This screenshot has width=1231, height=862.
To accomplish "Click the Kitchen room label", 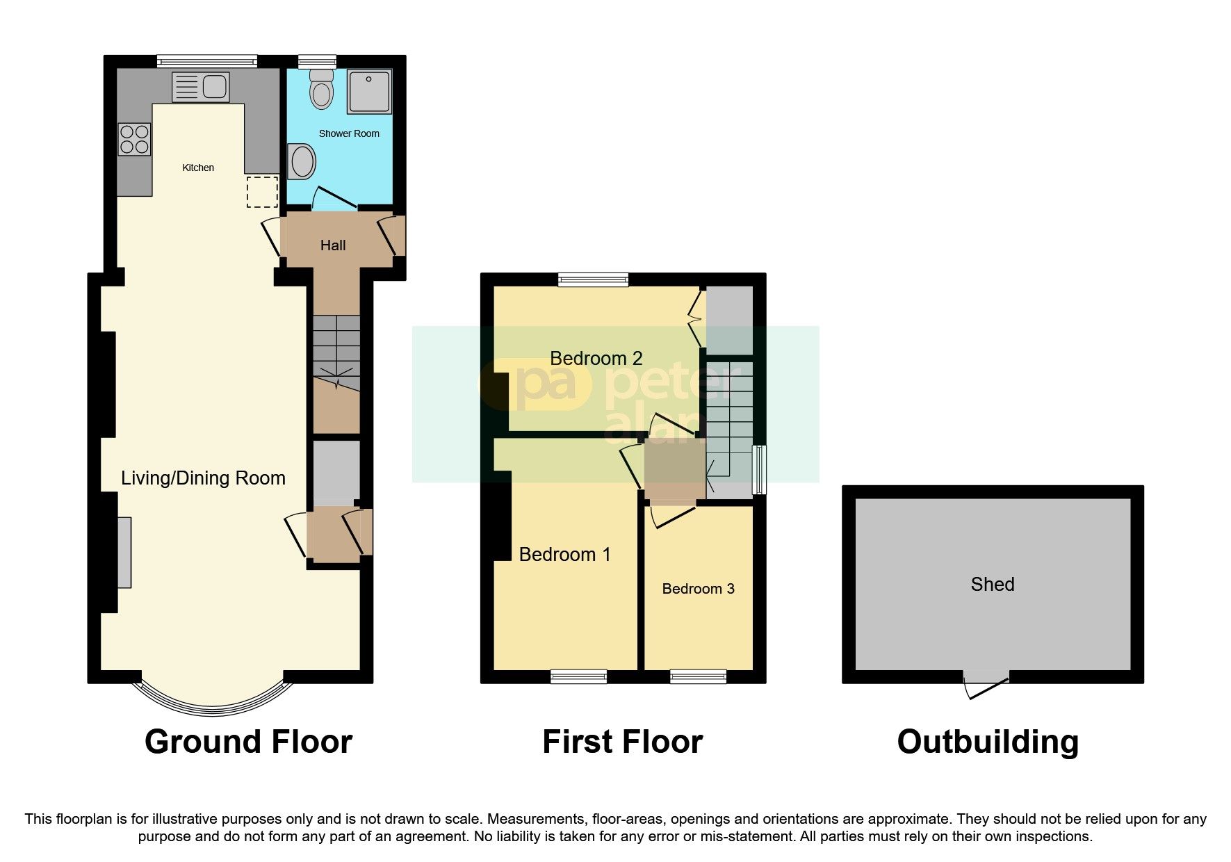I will [x=198, y=168].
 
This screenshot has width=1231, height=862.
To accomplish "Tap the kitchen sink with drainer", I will [x=199, y=88].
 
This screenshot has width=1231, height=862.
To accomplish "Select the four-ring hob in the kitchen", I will [x=135, y=138].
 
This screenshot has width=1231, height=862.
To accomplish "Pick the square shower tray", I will [x=369, y=91].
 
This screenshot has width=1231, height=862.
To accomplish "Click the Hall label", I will [x=333, y=245].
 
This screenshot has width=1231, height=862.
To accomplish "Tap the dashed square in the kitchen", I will [x=262, y=192].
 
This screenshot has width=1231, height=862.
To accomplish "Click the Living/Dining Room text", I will [x=203, y=478].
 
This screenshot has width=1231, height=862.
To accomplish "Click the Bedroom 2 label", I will [x=596, y=359].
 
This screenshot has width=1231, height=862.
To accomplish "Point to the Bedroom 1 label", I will [x=564, y=555].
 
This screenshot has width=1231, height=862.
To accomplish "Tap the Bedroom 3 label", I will [x=698, y=589].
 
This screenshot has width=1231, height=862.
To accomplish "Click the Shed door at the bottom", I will [x=986, y=685].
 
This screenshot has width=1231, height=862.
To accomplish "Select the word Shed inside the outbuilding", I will [x=992, y=585].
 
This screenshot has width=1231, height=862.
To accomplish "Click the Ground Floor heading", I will [x=248, y=742].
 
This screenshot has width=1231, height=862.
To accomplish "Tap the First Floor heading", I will [x=622, y=742].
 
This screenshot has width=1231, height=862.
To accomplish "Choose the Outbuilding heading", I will [x=988, y=742].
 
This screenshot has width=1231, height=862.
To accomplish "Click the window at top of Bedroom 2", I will [x=594, y=279].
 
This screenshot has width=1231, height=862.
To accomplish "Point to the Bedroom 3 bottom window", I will [x=698, y=676].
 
